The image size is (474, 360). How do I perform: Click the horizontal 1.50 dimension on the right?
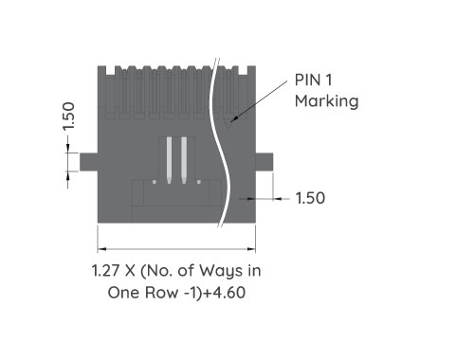pyautogui.click(x=310, y=199)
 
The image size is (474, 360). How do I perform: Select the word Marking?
pyautogui.click(x=326, y=101)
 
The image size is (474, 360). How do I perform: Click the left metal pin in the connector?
pyautogui.click(x=166, y=159)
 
